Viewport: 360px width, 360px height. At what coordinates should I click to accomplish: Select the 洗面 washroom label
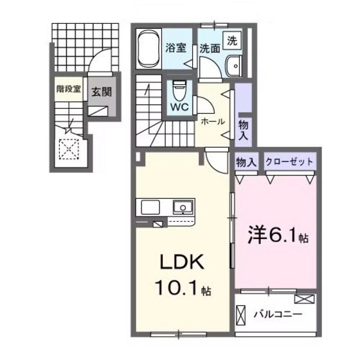pyautogui.click(x=208, y=47)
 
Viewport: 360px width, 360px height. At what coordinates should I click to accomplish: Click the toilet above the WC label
pyautogui.click(x=178, y=87)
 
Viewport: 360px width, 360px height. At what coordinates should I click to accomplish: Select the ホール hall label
pyautogui.click(x=212, y=121)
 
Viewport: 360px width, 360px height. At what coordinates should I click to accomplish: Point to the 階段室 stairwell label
pyautogui.click(x=67, y=90)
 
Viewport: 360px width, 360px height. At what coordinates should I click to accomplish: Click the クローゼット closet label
pyautogui.click(x=290, y=162)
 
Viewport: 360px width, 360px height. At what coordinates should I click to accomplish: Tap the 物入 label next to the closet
pyautogui.click(x=246, y=162)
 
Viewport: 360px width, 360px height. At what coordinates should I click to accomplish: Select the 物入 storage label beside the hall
pyautogui.click(x=243, y=130)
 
